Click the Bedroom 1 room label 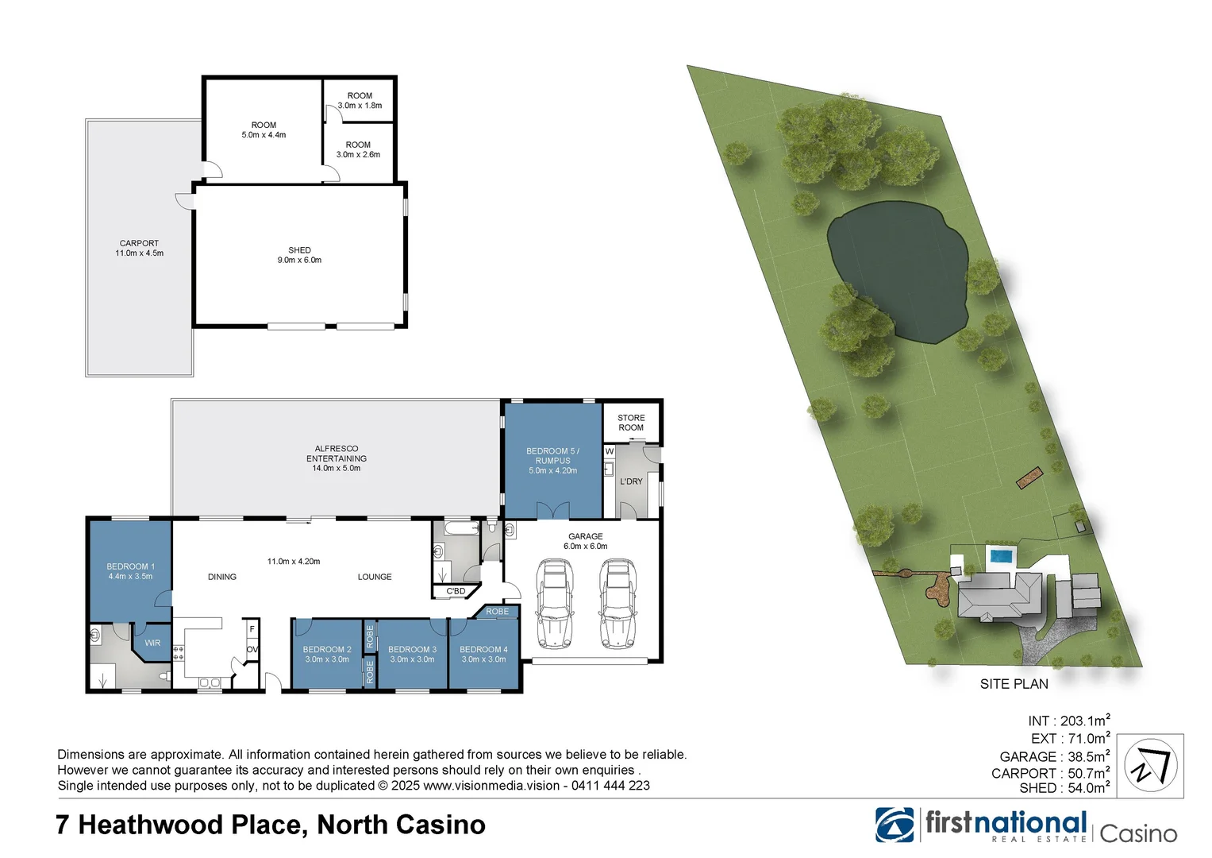(x=130, y=571)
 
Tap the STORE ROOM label (x=631, y=423)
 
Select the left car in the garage (x=555, y=604)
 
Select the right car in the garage (x=617, y=604)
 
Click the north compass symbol (x=1151, y=766)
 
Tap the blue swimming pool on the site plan (x=1001, y=555)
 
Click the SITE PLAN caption (x=1014, y=684)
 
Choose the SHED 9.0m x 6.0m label (x=299, y=255)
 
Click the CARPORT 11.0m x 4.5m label (x=139, y=248)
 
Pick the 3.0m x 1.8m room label (x=360, y=100)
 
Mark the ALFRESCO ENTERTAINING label (x=337, y=458)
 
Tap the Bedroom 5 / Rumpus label (x=552, y=461)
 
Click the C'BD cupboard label (x=456, y=591)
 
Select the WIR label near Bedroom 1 (x=152, y=643)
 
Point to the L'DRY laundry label (x=631, y=481)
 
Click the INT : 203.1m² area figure (x=1068, y=721)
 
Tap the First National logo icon (x=895, y=825)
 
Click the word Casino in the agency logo (x=1138, y=833)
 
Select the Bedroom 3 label (x=412, y=654)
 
